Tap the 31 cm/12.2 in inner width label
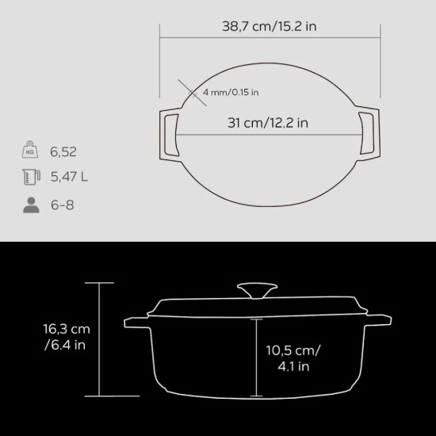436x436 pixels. pos(268,123)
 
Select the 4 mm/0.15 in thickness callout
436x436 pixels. pos(231,93)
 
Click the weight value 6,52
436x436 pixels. pos(63,150)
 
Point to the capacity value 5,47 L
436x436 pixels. pos(67,176)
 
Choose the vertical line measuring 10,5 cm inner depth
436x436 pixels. pos(256,357)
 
